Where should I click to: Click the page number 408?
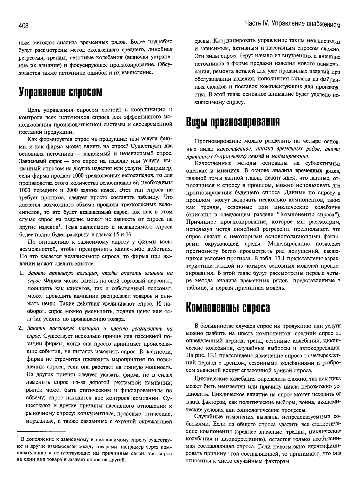(x=23, y=26)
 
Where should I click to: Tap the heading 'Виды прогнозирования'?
(x=233, y=122)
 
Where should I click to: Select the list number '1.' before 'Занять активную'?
(x=21, y=273)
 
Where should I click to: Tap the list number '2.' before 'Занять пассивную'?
(x=21, y=328)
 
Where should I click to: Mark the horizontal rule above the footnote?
(x=61, y=432)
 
